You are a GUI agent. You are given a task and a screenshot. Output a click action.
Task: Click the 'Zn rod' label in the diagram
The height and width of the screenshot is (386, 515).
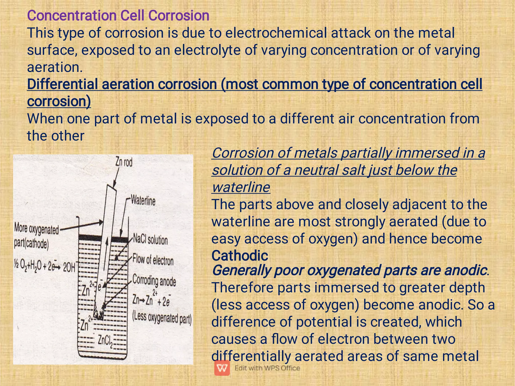124,162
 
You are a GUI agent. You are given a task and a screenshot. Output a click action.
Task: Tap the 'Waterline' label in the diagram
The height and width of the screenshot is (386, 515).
143,201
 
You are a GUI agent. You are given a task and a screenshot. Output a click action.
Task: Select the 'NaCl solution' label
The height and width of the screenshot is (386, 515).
150,239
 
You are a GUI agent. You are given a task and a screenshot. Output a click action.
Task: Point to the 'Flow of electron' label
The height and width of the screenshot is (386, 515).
153,260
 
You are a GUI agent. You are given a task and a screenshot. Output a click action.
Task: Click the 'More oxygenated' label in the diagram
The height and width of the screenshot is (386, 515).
36,229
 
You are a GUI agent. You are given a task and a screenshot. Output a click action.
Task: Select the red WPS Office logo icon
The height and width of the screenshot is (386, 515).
222,368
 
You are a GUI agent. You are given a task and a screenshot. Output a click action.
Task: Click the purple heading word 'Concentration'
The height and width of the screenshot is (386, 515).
72,16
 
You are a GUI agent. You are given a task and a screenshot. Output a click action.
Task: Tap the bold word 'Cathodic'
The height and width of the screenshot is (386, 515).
240,256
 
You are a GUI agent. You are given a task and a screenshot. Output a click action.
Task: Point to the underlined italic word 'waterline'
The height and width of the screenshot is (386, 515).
241,187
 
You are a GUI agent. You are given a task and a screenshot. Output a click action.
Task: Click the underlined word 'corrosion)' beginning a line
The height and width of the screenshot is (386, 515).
59,101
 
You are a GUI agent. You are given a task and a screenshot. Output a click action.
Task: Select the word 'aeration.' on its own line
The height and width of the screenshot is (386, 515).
55,67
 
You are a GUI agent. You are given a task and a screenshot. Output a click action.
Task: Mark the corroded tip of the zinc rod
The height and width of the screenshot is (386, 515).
99,313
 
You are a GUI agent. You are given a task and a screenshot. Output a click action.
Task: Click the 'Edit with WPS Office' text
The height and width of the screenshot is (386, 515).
267,368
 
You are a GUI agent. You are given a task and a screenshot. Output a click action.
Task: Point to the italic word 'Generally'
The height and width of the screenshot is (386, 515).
241,271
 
